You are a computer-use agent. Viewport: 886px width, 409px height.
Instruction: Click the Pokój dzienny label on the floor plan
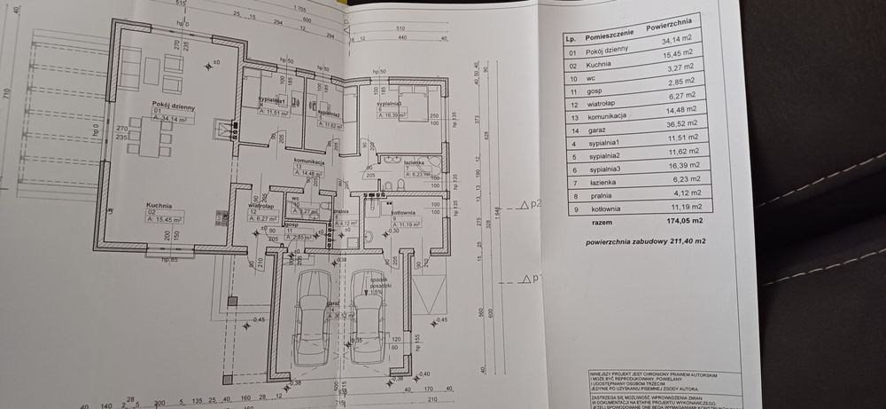[x=172, y=105]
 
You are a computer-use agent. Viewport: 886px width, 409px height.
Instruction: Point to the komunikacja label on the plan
[x=309, y=161]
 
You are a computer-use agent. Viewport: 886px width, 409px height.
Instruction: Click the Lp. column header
[x=572, y=40]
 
